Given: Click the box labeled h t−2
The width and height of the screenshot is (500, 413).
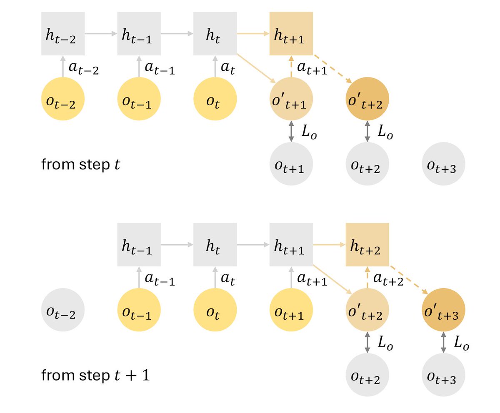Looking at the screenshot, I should click(63, 33).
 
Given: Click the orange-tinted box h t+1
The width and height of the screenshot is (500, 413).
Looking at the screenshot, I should click(291, 33).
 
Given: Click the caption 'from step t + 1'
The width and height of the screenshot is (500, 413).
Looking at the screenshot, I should click(95, 376).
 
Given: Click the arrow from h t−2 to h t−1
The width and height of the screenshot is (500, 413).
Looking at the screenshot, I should click(101, 33).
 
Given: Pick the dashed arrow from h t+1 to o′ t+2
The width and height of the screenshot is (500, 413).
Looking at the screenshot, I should click(332, 68).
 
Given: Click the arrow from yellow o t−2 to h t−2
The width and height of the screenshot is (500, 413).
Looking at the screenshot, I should click(63, 67).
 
